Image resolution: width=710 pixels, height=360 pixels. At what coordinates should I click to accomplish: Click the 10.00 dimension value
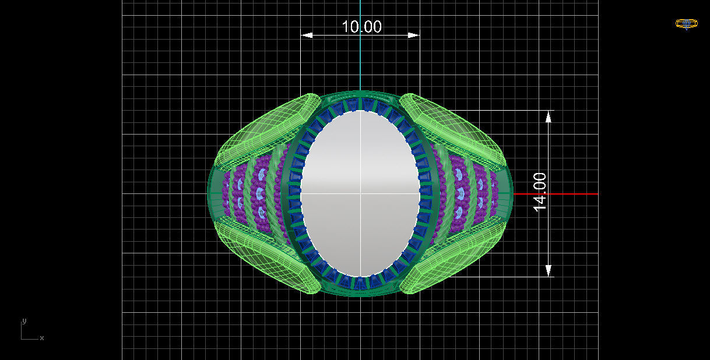tap(361, 27)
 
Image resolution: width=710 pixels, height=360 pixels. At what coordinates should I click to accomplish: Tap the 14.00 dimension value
tap(540, 192)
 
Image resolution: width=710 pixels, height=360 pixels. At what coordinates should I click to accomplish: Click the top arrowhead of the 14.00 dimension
tap(548, 116)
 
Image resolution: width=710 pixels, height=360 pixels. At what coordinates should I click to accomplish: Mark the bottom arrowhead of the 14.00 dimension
tap(548, 270)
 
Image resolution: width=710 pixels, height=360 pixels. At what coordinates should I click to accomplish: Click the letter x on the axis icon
tap(42, 338)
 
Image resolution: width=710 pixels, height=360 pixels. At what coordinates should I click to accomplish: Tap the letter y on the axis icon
tap(24, 321)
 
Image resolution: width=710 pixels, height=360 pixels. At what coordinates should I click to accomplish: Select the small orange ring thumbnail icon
tap(686, 24)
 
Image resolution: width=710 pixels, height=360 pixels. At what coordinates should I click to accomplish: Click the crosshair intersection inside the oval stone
tap(360, 193)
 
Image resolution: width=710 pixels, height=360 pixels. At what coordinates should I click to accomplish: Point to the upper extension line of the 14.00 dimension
tap(501, 110)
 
